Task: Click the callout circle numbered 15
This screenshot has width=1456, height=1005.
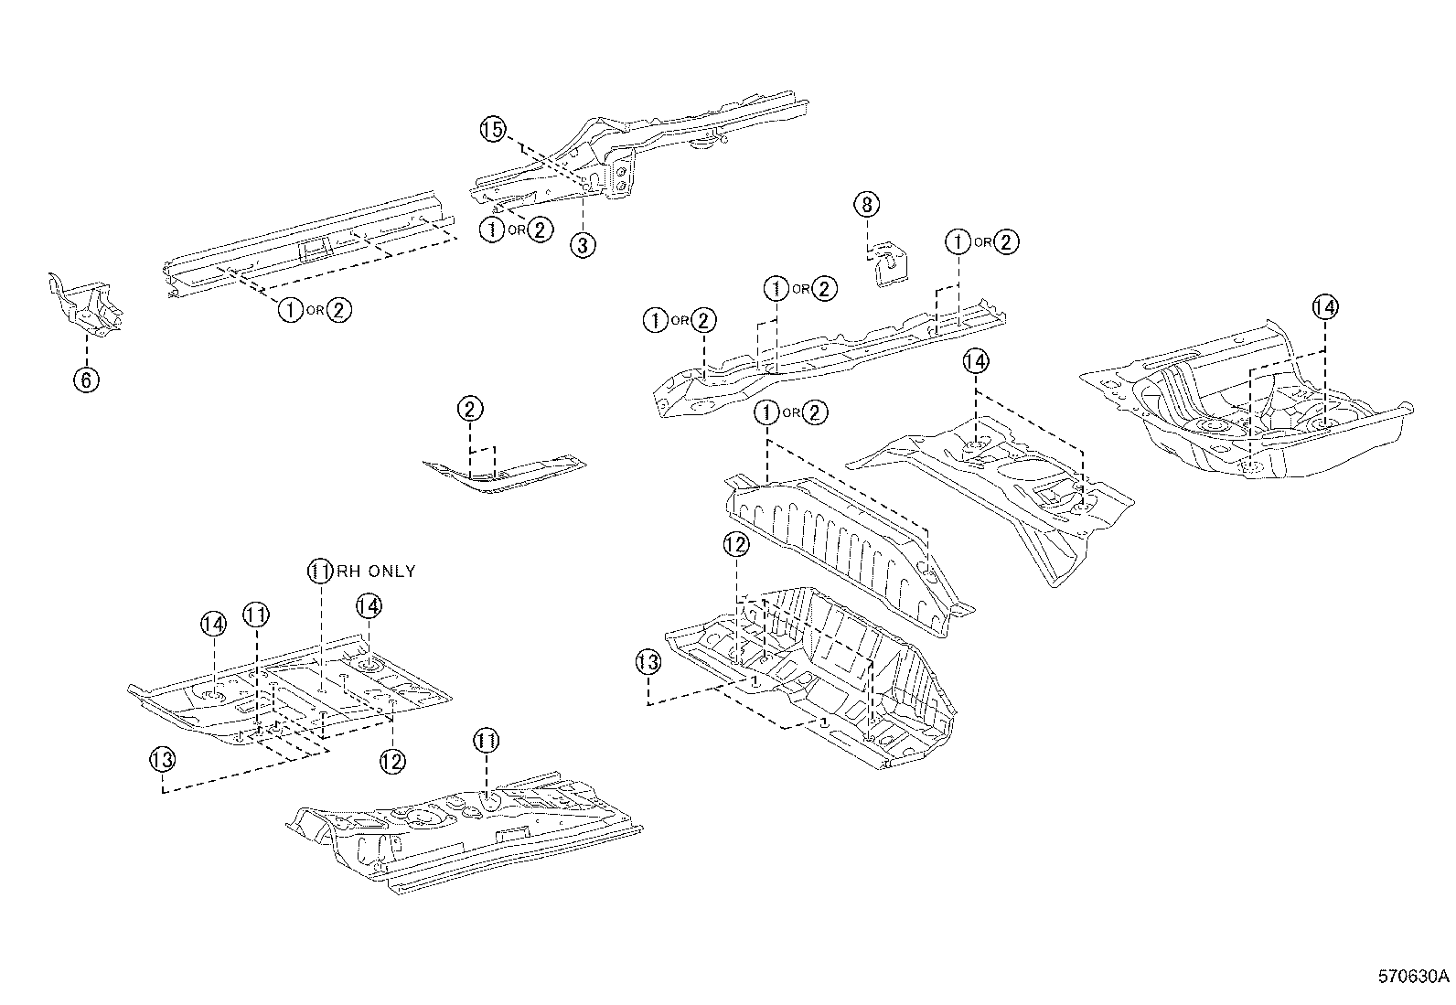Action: pos(492,129)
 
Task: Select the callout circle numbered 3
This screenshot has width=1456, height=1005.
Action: pos(583,244)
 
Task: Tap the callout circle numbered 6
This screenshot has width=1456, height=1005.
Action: pos(85,380)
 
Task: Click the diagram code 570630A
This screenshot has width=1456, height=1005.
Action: pos(1412,975)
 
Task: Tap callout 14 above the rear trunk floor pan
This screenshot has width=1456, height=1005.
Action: pos(1324,307)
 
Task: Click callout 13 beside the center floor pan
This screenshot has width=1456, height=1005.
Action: pos(648,661)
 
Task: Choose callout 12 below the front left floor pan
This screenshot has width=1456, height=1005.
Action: pos(391,761)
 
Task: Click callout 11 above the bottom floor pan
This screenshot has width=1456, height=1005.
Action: pos(486,741)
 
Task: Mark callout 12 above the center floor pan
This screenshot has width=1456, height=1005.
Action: pos(736,545)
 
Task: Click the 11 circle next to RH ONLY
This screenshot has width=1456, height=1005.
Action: pos(317,572)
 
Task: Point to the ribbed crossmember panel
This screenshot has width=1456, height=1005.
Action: pos(841,549)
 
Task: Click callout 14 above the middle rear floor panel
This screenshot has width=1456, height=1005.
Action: pos(976,362)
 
